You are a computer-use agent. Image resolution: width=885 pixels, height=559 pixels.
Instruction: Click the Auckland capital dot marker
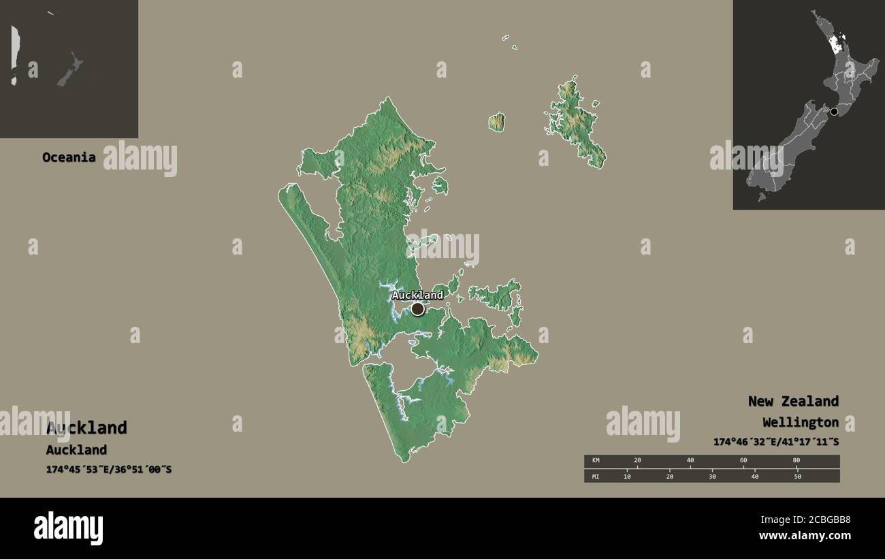tap(417, 309)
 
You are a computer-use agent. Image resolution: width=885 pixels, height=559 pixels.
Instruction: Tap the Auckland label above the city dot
tap(417, 295)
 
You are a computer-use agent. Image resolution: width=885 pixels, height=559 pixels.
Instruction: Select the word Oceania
tap(69, 157)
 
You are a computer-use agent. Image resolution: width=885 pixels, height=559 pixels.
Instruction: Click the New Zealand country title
tap(793, 401)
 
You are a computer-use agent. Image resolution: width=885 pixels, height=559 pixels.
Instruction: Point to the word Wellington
tap(801, 422)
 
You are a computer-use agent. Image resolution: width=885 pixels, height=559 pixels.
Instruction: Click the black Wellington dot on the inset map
tap(834, 112)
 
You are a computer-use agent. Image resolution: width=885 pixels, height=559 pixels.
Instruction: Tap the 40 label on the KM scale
tap(690, 461)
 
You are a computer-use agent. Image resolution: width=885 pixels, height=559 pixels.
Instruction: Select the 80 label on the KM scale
tap(796, 461)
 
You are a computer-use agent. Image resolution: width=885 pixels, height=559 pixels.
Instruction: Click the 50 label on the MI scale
tap(797, 476)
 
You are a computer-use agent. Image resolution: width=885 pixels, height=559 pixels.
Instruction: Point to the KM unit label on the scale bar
tap(596, 461)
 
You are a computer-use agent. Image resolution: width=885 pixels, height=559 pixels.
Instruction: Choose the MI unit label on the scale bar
tap(596, 476)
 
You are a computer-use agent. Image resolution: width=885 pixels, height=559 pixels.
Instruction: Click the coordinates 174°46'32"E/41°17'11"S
tap(776, 442)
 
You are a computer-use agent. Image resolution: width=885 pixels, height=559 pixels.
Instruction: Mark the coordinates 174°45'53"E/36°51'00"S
tap(109, 469)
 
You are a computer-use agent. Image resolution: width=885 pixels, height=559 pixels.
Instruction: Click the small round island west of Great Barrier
tap(497, 123)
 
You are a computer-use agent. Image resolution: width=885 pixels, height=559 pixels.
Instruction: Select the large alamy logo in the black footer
tap(68, 528)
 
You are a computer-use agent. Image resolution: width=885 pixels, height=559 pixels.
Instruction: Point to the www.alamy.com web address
tap(805, 536)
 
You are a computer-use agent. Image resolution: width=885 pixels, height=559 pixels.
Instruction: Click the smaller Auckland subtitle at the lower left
tap(76, 449)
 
